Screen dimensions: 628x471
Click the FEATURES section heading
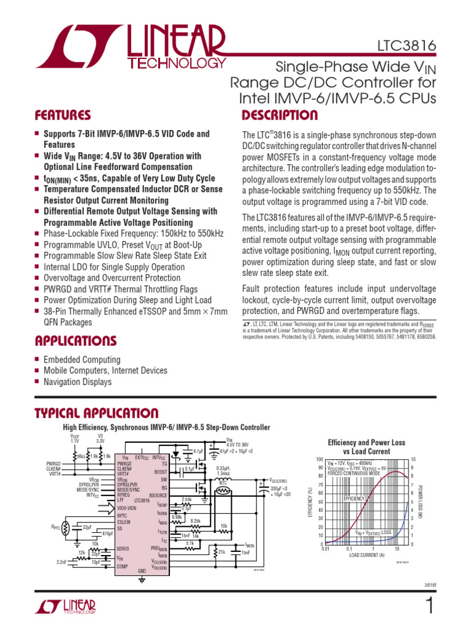[x=63, y=115]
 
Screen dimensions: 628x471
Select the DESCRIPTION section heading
[x=280, y=115]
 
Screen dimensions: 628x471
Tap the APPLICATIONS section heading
[x=75, y=340]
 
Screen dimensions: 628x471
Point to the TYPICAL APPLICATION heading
[x=96, y=413]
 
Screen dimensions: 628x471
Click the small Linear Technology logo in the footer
[x=66, y=607]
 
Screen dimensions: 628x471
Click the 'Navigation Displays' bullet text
[x=77, y=382]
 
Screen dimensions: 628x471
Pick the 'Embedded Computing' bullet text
[x=82, y=360]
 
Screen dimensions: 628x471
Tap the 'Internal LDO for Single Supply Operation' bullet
[x=113, y=267]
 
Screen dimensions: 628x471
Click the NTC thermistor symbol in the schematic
[x=223, y=492]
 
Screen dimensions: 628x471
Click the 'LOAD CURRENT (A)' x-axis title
[x=367, y=555]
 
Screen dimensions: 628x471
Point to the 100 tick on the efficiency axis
[x=319, y=459]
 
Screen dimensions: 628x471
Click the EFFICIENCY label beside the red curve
[x=354, y=499]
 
